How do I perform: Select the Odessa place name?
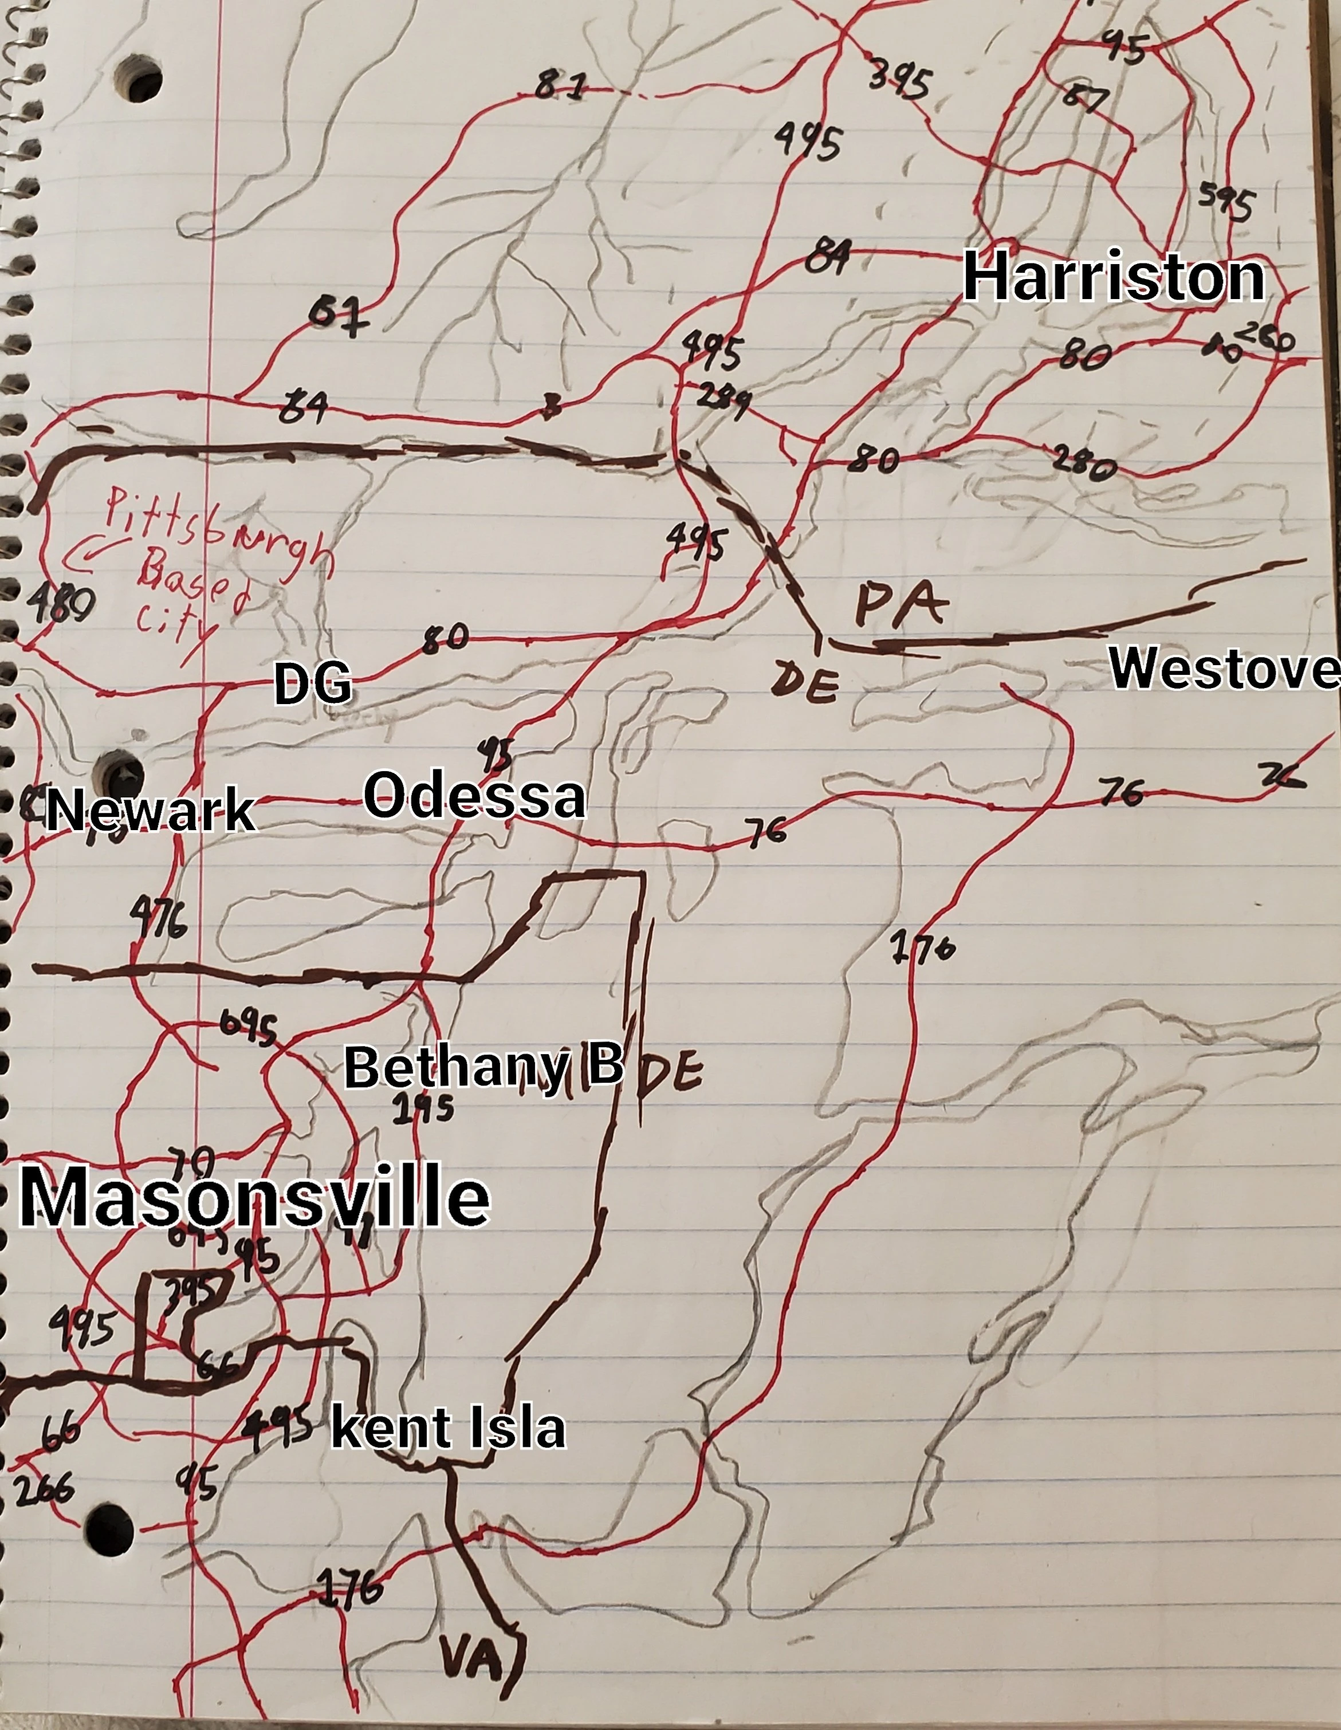474,797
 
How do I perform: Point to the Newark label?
151,811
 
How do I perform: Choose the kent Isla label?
447,1428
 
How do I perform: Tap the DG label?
312,685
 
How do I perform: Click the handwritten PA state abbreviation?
902,605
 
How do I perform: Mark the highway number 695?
248,1029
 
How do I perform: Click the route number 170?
923,947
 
